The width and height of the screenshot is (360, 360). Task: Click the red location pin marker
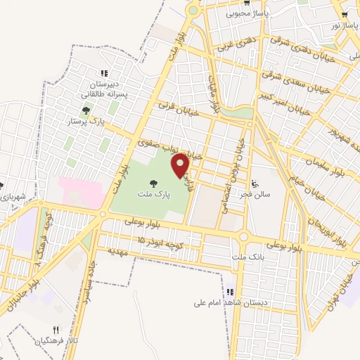tap(181, 165)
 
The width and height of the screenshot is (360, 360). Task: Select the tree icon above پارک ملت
tap(153, 184)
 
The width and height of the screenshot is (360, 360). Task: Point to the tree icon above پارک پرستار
tap(86, 110)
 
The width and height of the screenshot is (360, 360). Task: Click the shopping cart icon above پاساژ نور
tap(345, 14)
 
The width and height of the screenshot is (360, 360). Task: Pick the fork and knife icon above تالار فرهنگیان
tap(56, 329)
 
